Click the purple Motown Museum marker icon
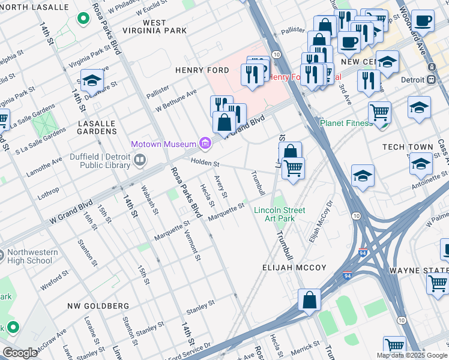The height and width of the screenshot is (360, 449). coord(205,143)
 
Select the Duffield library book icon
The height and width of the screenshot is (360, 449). coord(140,159)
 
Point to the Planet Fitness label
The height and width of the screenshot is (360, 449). coord(346,123)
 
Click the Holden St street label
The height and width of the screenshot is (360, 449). coord(205,163)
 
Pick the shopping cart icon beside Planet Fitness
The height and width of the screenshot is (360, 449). coord(379,111)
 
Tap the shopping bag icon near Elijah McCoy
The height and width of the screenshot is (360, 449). coord(309,300)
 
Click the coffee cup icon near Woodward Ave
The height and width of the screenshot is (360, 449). coord(423,20)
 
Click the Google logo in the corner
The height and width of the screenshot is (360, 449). coord(20,353)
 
